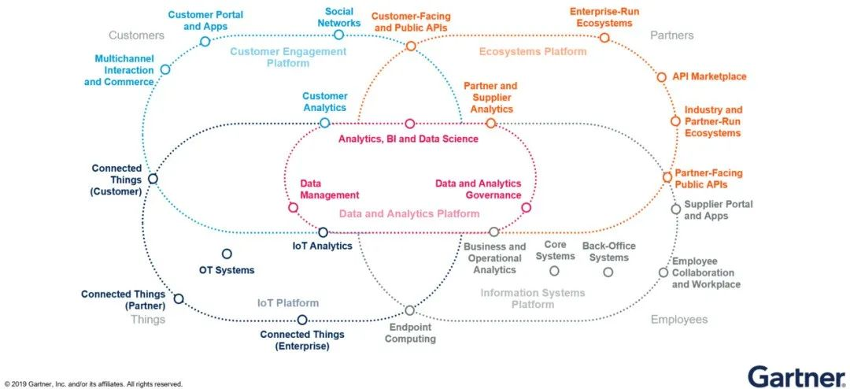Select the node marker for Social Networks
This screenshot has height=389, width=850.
338,35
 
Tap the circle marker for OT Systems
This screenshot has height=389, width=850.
227,254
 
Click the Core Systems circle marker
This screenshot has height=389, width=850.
554,270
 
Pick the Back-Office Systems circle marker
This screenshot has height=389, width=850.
608,272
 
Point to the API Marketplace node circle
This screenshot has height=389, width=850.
661,77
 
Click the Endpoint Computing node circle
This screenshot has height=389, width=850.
410,310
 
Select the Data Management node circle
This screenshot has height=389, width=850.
294,207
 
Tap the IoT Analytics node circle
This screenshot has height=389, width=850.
323,232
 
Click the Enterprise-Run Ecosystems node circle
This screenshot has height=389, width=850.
604,38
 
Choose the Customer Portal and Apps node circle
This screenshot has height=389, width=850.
205,41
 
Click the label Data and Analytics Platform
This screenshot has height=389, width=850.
409,213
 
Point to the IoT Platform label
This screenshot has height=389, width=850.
288,302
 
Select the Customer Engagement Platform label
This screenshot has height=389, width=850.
288,57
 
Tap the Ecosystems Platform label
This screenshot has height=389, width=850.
533,51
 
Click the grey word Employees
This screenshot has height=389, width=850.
679,320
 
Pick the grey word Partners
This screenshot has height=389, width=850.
671,35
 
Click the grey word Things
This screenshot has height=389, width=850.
147,320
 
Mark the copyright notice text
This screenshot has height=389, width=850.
93,384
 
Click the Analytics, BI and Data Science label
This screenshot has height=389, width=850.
408,139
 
